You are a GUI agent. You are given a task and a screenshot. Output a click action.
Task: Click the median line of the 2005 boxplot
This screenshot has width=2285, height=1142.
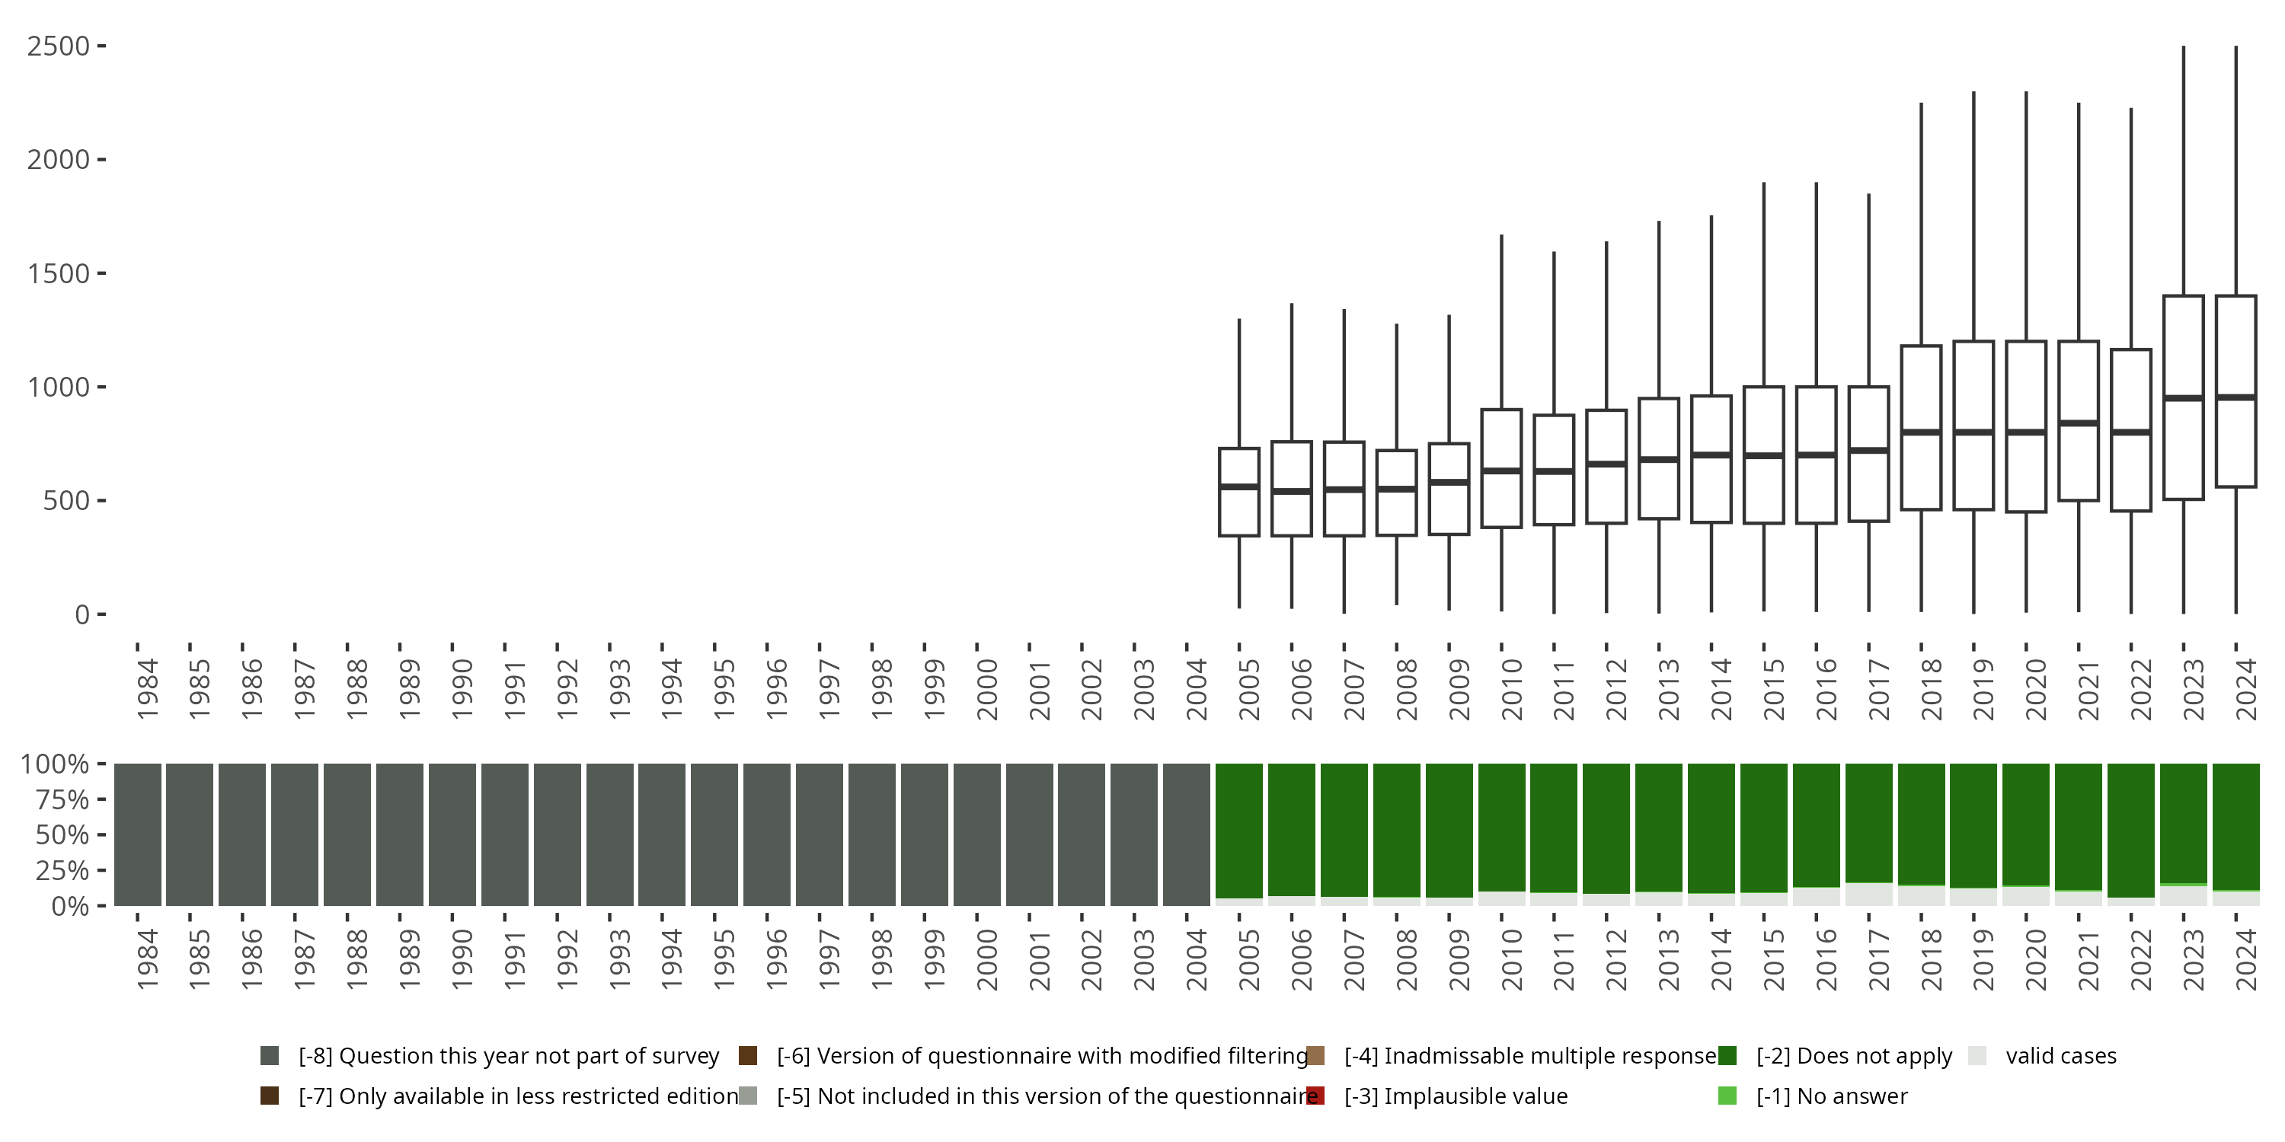[1239, 486]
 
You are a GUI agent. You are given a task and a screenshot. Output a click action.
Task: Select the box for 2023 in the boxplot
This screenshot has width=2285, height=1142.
[2183, 355]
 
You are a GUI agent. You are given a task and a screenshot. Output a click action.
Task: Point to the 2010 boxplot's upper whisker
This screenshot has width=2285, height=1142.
[1500, 319]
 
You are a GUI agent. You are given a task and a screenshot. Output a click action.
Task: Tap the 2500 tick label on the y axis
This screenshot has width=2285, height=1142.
[59, 46]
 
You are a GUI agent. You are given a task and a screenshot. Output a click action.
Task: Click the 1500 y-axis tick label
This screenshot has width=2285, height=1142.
[59, 274]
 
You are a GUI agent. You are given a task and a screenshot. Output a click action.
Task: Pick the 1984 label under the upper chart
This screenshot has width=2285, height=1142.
[147, 689]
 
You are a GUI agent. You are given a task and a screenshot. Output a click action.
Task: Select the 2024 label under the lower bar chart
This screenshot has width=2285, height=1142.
[2246, 959]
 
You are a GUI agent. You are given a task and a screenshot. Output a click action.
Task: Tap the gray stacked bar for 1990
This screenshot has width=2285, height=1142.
[452, 834]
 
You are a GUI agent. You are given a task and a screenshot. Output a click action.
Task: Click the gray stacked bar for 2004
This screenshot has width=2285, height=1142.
[1187, 834]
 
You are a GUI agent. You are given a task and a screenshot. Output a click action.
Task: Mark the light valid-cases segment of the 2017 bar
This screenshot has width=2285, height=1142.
[1869, 894]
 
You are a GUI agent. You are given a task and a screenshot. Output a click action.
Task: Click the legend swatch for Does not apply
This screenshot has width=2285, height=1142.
[1727, 1055]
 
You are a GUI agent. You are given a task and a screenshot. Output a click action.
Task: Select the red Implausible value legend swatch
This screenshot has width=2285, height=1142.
[1315, 1096]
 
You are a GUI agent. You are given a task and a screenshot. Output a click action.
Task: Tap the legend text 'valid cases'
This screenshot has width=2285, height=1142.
[2060, 1056]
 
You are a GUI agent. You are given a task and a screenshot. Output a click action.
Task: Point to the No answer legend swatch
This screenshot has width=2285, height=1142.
[1727, 1096]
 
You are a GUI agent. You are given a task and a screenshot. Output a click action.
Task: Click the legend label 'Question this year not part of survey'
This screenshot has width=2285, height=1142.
[508, 1056]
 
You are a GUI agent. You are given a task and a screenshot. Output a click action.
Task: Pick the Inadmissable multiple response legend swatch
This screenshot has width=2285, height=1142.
[1315, 1055]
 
